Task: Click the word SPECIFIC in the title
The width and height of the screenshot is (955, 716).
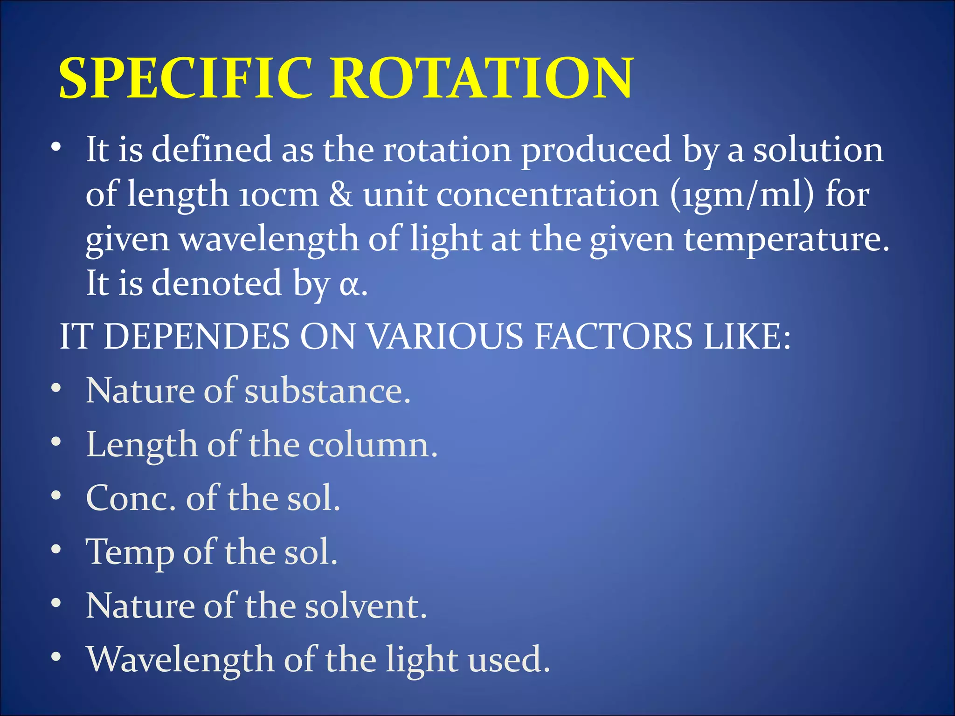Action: tap(186, 78)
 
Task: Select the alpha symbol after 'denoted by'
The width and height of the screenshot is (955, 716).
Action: tap(350, 285)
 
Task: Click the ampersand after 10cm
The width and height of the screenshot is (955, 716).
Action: tap(341, 194)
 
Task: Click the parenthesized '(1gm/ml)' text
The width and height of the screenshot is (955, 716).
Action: tap(742, 194)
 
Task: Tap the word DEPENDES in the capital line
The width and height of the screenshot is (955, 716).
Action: tap(196, 337)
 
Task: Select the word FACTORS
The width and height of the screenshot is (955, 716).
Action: tap(613, 337)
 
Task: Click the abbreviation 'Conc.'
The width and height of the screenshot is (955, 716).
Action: tap(131, 498)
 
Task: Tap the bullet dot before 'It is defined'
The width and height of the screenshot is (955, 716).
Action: tap(56, 147)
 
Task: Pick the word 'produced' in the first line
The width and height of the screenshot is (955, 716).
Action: tap(596, 150)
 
